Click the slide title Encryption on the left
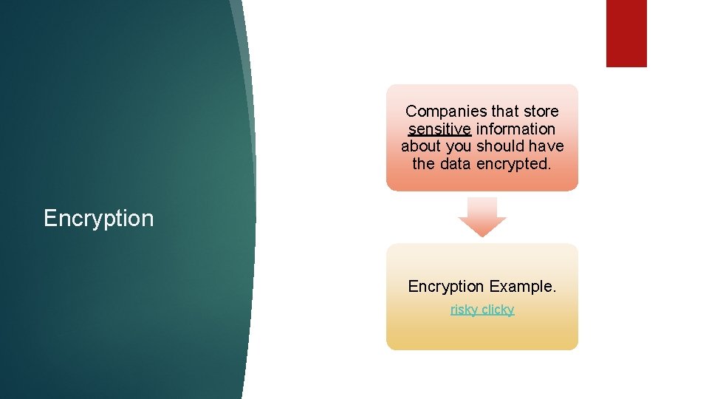(98, 219)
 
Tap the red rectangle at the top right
(626, 33)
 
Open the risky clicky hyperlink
(482, 310)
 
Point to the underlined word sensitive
(439, 129)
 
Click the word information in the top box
(516, 129)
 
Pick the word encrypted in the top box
(514, 164)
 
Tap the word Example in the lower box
(522, 287)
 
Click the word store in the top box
(541, 112)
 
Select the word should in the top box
(499, 146)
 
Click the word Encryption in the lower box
(446, 287)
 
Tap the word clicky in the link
(498, 310)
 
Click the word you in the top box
(459, 146)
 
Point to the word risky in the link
(464, 310)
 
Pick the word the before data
(424, 164)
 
